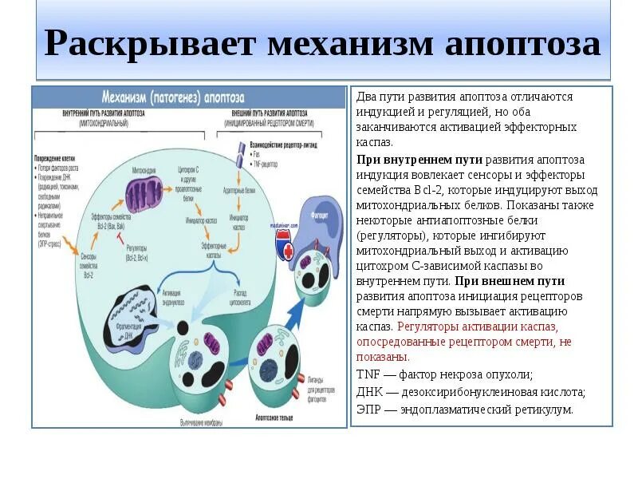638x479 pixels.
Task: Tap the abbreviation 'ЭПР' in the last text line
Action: (x=369, y=409)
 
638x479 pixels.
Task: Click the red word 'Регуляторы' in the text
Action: (x=424, y=327)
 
